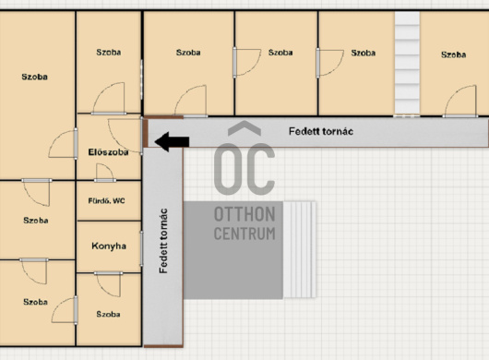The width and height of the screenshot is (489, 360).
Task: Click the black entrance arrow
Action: (172, 141)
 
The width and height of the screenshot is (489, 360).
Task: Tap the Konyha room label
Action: (109, 246)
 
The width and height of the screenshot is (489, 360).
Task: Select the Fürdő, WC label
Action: (107, 201)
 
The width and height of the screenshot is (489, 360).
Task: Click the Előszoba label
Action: (108, 152)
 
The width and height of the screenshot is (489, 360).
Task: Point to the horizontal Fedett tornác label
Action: (321, 131)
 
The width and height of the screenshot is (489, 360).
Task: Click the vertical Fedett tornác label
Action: (163, 241)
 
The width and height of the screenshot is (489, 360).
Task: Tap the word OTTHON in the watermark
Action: (244, 214)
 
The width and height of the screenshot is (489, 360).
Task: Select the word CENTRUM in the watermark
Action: (244, 234)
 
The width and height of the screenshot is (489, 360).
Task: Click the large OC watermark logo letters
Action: (244, 169)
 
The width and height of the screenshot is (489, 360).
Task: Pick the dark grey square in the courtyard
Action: (233, 250)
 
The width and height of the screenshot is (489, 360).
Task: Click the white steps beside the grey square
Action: (299, 249)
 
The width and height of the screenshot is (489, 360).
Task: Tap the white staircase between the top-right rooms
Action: (407, 63)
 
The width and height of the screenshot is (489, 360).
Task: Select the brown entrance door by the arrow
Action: (146, 133)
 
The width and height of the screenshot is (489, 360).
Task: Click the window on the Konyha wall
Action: (141, 248)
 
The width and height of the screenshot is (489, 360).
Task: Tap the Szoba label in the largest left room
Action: (35, 77)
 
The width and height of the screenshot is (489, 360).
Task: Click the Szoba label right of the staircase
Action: (453, 54)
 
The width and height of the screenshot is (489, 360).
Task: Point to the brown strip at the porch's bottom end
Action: (163, 346)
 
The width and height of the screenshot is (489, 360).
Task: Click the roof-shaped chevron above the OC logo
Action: (244, 128)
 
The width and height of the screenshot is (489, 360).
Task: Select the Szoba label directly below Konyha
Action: (108, 314)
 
